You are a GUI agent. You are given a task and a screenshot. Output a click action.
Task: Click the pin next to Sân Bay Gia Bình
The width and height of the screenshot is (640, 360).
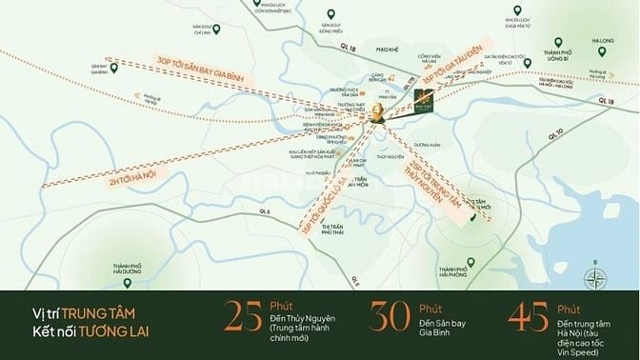(x=114, y=69)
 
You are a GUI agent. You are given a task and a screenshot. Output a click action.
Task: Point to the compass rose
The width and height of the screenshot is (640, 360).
(x=596, y=278)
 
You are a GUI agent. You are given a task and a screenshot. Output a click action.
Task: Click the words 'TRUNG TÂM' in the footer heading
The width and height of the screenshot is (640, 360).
(x=113, y=309)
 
